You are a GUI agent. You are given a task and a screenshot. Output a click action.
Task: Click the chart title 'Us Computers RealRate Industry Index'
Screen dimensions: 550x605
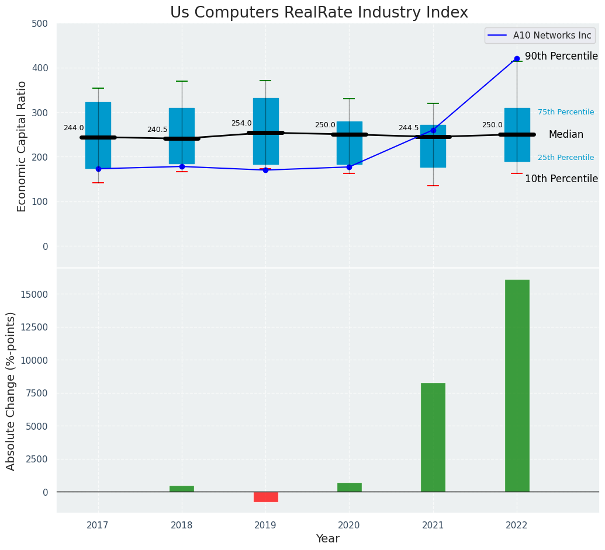click(x=319, y=13)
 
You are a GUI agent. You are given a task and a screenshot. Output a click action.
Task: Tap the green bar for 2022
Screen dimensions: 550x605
click(x=517, y=385)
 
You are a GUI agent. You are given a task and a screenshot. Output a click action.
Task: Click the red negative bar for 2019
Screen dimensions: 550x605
click(x=265, y=497)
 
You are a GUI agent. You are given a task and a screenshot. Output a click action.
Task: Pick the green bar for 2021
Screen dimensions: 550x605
click(x=433, y=437)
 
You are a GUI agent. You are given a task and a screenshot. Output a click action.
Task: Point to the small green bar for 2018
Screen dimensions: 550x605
click(x=182, y=489)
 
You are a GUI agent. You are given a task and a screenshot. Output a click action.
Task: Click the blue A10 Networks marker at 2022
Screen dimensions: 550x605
click(x=517, y=59)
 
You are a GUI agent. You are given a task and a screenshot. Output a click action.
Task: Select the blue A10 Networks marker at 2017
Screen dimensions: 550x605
click(x=98, y=169)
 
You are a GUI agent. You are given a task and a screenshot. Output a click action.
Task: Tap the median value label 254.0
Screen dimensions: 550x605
click(x=241, y=123)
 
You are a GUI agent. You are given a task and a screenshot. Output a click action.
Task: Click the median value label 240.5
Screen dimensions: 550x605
click(x=157, y=130)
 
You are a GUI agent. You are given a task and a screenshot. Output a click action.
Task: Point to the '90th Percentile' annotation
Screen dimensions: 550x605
click(x=561, y=57)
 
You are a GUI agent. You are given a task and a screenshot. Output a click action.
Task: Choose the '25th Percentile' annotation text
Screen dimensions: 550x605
click(x=565, y=158)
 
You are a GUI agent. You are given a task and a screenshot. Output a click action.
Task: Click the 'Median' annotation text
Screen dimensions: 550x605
click(x=565, y=135)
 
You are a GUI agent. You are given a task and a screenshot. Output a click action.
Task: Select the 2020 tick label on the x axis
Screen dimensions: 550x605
click(x=349, y=525)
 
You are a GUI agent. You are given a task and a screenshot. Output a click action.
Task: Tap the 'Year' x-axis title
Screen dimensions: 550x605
click(x=327, y=539)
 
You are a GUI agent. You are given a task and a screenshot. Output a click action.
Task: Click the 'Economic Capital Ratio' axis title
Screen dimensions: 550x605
click(x=22, y=146)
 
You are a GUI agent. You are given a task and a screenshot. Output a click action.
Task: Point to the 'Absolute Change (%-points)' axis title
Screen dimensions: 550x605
click(x=11, y=391)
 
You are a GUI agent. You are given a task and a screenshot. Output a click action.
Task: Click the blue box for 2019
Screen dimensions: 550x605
click(x=265, y=131)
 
